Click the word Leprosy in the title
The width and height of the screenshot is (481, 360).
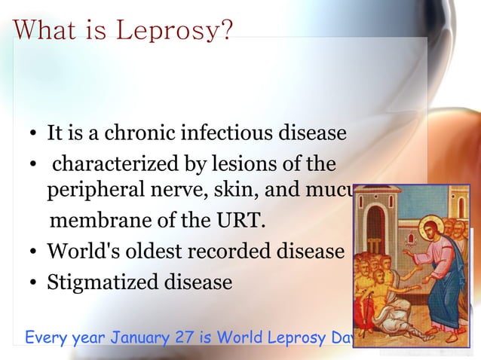click(176, 31)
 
